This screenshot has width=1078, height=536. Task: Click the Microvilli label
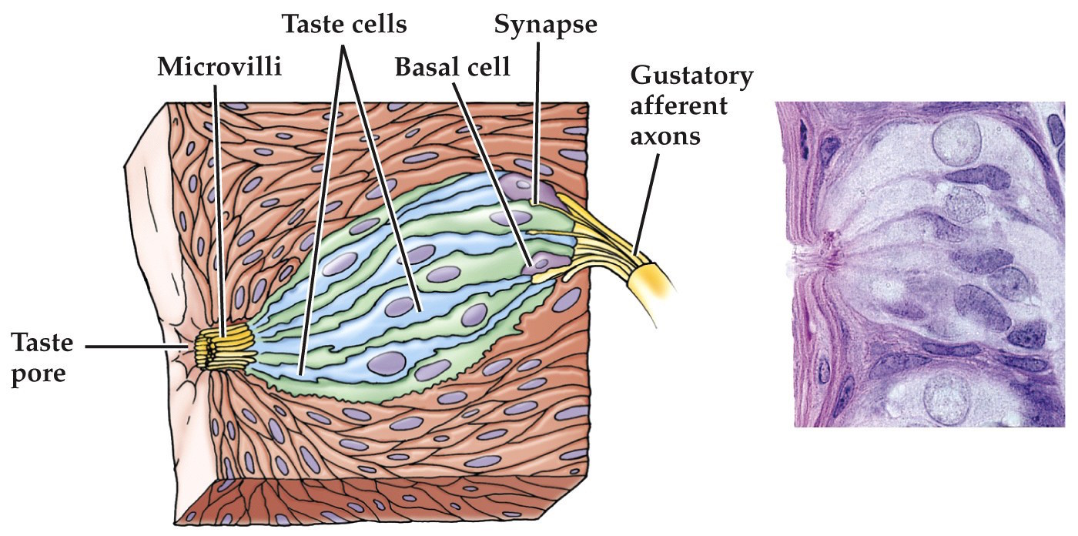click(219, 67)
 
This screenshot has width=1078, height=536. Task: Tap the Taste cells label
click(344, 25)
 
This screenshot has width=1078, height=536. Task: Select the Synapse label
click(545, 25)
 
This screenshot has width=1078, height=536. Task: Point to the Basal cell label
click(453, 67)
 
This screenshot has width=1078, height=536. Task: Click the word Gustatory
click(691, 77)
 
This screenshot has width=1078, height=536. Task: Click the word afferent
click(678, 106)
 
